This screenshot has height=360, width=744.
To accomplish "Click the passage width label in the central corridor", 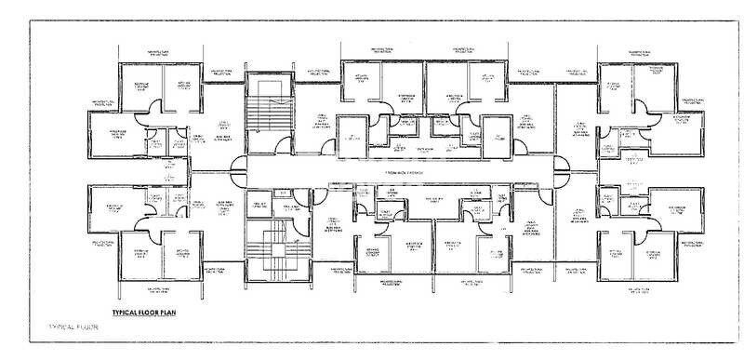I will [x=400, y=173].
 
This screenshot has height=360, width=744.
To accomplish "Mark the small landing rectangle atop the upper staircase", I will [x=268, y=87].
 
